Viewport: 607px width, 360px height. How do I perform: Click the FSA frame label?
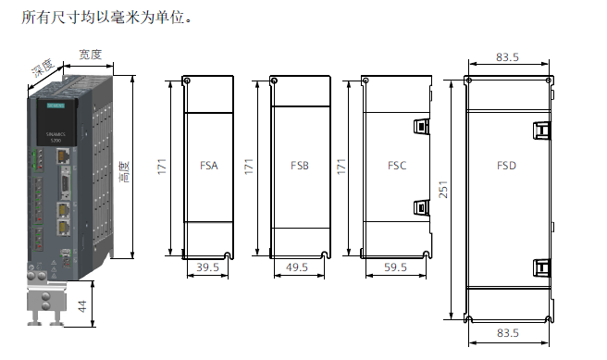[209, 167]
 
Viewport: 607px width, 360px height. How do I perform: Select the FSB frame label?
[300, 167]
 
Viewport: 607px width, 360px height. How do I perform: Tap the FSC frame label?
[397, 167]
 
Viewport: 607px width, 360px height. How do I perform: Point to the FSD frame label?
[506, 167]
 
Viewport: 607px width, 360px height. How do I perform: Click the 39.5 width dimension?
[208, 267]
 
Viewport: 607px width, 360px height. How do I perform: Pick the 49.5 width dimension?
[298, 267]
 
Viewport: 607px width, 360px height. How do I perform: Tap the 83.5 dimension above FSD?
[507, 57]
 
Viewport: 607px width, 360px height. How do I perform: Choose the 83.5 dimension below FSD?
[507, 332]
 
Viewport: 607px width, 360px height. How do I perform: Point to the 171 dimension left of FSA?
[161, 167]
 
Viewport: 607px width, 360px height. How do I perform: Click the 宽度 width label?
[90, 55]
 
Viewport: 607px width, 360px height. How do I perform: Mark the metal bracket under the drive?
[46, 304]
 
